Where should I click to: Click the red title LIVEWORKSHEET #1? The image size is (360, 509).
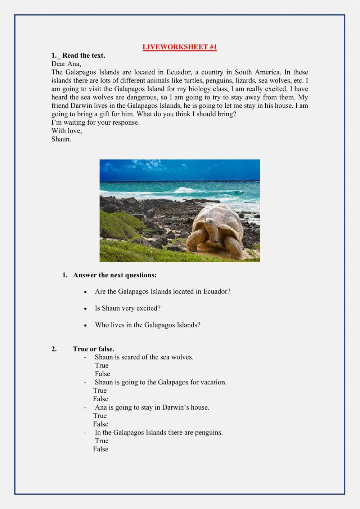click(180, 47)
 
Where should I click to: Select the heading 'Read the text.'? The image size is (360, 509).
click(83, 55)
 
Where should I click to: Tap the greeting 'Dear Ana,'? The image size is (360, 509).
click(66, 64)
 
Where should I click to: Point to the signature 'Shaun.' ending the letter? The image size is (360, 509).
click(61, 139)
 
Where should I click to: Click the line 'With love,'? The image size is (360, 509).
click(67, 131)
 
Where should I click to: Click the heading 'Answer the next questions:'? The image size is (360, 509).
click(115, 275)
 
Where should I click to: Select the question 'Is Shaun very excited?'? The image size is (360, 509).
click(127, 308)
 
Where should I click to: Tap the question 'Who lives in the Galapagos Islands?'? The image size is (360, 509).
click(148, 325)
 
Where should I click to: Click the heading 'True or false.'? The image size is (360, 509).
click(93, 349)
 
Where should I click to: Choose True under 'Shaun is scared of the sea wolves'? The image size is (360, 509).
click(102, 365)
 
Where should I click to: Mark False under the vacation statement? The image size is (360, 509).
click(100, 399)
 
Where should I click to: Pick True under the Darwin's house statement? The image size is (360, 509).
click(100, 416)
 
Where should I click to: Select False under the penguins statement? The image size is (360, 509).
click(100, 449)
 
